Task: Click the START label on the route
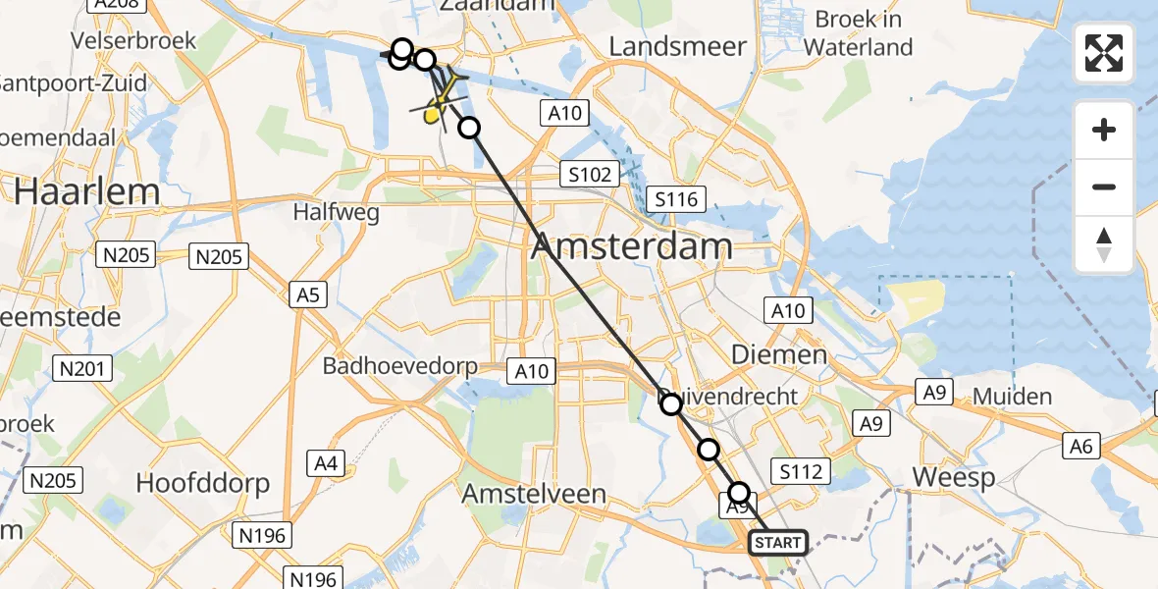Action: [x=778, y=543]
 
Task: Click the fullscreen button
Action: [x=1104, y=53]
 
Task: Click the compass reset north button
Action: [x=1104, y=244]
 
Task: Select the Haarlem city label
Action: [x=74, y=191]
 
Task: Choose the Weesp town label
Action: [x=953, y=478]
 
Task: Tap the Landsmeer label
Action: [x=677, y=46]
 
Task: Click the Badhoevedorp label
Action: [x=400, y=367]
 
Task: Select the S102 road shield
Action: [x=590, y=176]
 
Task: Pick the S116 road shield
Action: [x=676, y=200]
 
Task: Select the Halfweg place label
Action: [x=338, y=213]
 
